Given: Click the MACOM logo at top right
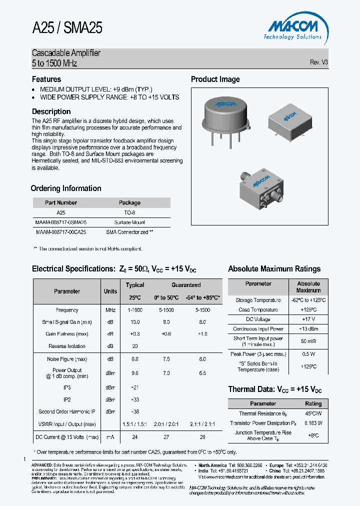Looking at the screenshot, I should pyautogui.click(x=293, y=28).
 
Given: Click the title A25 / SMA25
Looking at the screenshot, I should pyautogui.click(x=67, y=28).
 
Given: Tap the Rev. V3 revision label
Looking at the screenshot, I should pyautogui.click(x=318, y=62).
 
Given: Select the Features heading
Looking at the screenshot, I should pyautogui.click(x=46, y=79).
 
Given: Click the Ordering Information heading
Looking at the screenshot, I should pyautogui.click(x=66, y=188).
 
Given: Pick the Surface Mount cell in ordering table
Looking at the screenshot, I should pyautogui.click(x=129, y=222).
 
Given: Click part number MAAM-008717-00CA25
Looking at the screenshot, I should pyautogui.click(x=60, y=232).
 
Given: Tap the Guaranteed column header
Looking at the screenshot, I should pyautogui.click(x=186, y=285).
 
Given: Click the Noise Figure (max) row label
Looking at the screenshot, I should pyautogui.click(x=66, y=359).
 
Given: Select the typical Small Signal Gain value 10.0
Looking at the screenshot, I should pyautogui.click(x=135, y=322).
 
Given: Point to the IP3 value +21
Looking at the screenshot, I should pyautogui.click(x=135, y=387).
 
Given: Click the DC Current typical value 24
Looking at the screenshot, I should pyautogui.click(x=135, y=436).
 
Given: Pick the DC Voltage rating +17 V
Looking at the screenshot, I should pyautogui.click(x=308, y=319).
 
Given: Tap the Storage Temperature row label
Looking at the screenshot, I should pyautogui.click(x=258, y=300).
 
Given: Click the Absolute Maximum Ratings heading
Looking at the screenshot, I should pyautogui.click(x=274, y=269).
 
